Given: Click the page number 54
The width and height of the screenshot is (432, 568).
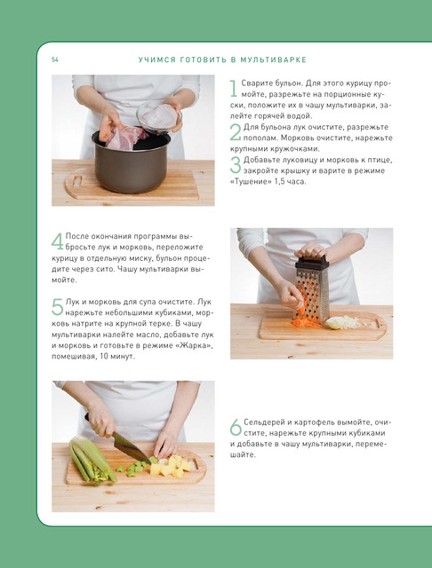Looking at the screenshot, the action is tap(55, 59).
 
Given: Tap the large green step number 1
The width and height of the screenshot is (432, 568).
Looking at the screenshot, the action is tap(234, 89).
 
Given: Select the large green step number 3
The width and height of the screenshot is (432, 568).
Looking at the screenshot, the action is tap(236, 165).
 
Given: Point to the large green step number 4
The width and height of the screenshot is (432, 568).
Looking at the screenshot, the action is tap(57, 241).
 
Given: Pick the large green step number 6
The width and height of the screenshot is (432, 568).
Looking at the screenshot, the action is tap(236, 428).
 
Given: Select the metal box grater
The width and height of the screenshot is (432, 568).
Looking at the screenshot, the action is tap(313, 288).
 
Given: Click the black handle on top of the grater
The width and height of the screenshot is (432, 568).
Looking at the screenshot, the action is tap(312, 262).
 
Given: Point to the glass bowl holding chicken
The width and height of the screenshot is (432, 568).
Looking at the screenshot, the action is tap(159, 116).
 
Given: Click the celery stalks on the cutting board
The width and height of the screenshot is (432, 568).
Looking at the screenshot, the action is tap(92, 460).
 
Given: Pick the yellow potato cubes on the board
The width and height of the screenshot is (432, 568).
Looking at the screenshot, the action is tap(171, 467).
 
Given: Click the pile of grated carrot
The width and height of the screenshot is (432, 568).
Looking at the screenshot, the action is tap(306, 323).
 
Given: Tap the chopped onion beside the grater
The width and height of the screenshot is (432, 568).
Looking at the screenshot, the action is tap(344, 322).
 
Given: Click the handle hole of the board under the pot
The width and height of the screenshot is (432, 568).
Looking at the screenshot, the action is tap(77, 181).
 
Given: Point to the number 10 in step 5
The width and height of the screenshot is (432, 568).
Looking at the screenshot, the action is tap(104, 357).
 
